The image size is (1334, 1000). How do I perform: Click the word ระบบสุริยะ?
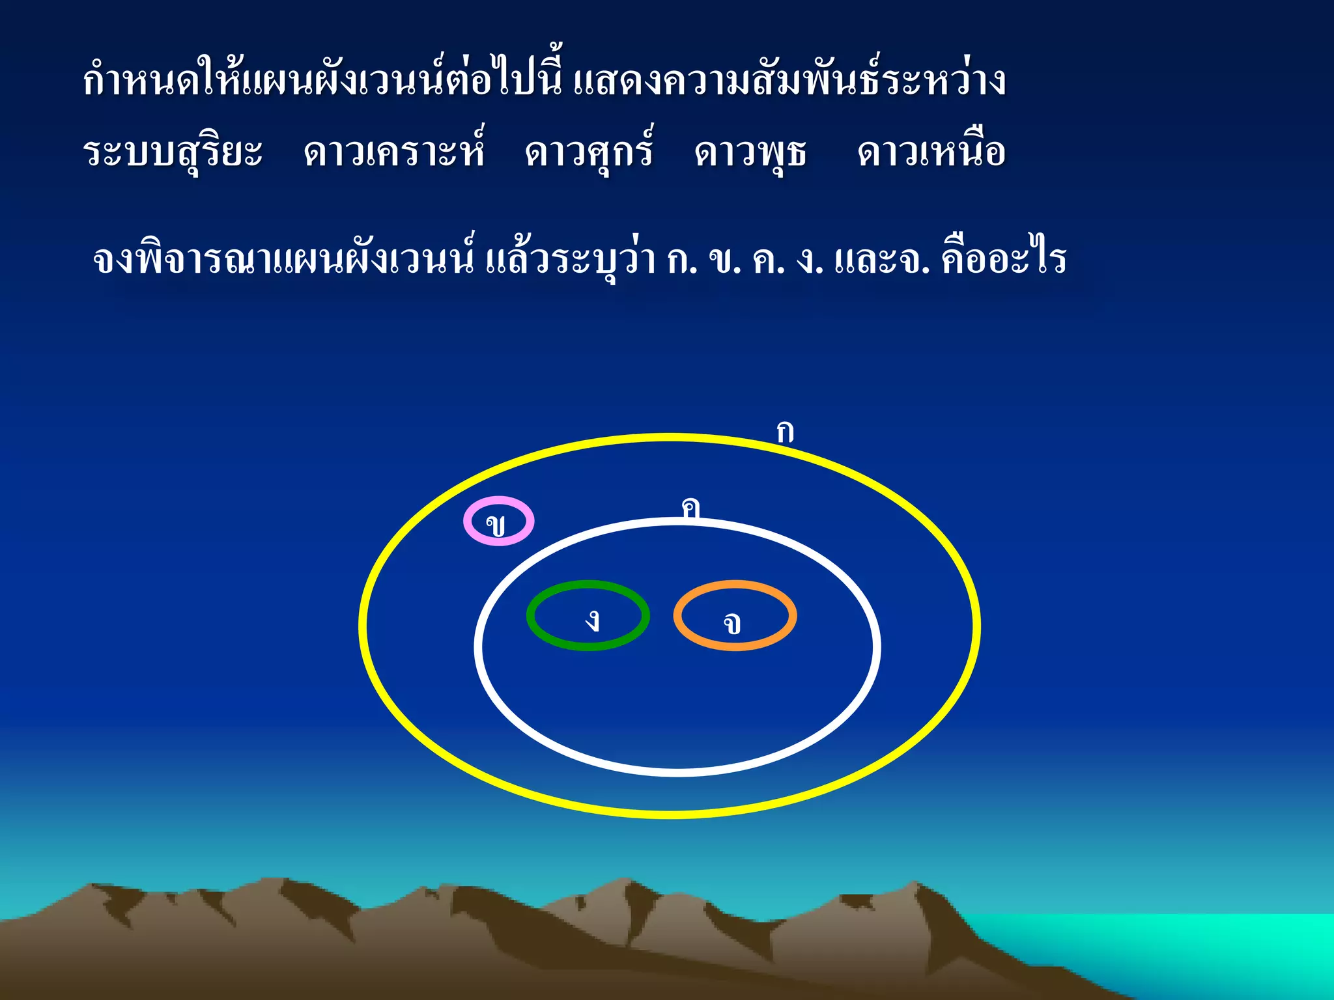pyautogui.click(x=173, y=153)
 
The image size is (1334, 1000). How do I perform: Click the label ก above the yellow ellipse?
pyautogui.click(x=785, y=432)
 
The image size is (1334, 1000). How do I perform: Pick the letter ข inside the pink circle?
pyautogui.click(x=496, y=524)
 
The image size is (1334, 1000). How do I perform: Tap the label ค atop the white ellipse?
pyautogui.click(x=690, y=507)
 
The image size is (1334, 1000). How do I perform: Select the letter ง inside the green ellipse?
pyautogui.click(x=592, y=620)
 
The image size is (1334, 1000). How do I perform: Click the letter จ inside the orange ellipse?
pyautogui.click(x=732, y=624)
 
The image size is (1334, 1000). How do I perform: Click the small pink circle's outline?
pyautogui.click(x=466, y=521)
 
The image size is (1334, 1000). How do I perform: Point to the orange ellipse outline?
pyautogui.click(x=793, y=615)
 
